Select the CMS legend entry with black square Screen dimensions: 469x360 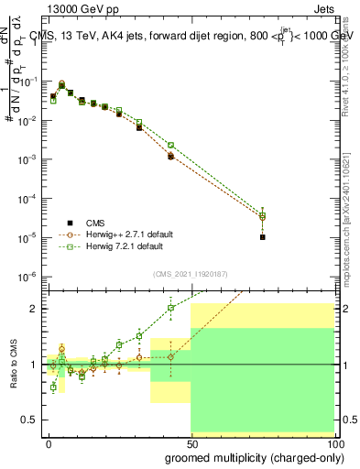click(x=101, y=222)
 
